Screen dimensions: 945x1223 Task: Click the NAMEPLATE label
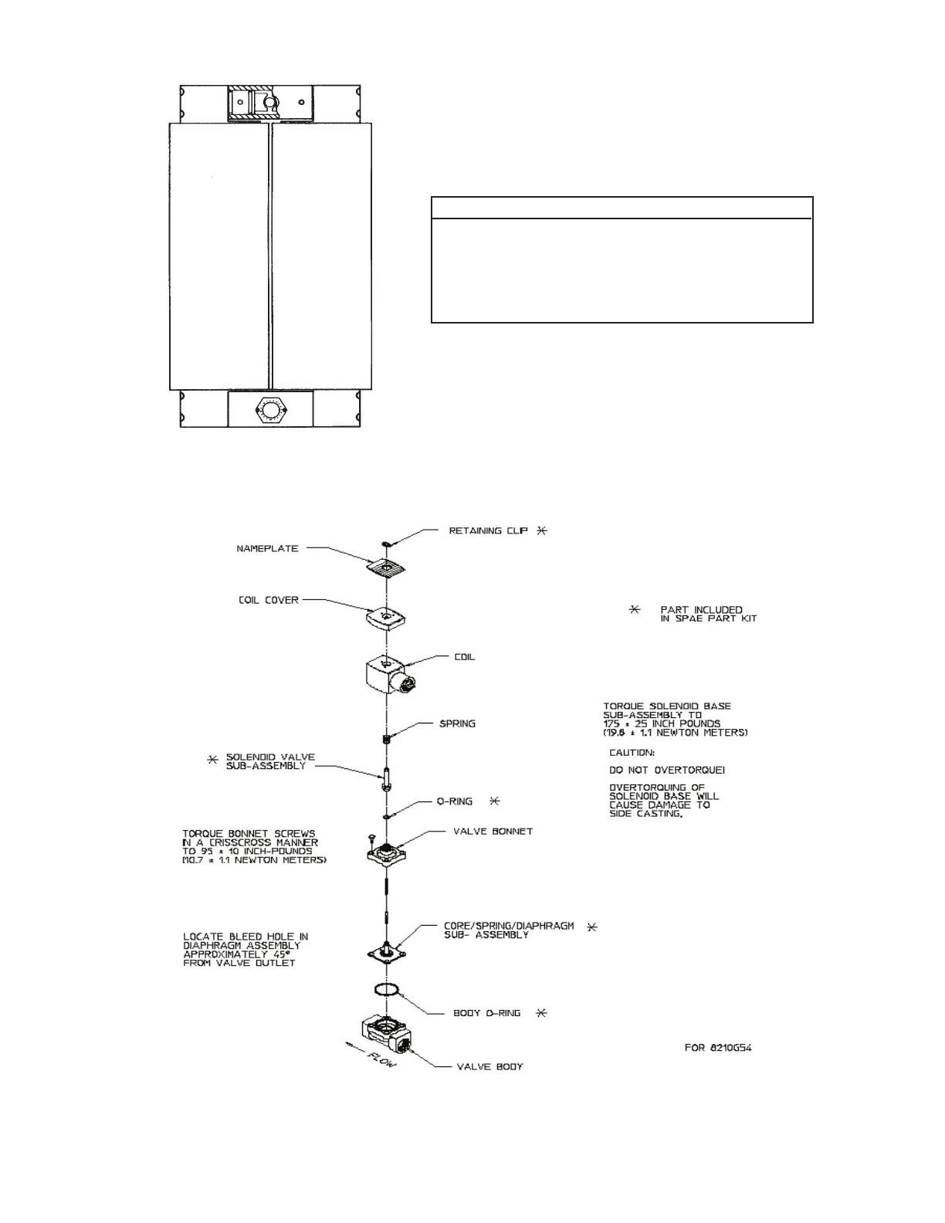click(x=267, y=549)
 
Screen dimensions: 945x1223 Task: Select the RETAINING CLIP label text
click(x=487, y=531)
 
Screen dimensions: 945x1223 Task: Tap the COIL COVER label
click(x=269, y=600)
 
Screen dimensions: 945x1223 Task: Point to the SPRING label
click(x=457, y=724)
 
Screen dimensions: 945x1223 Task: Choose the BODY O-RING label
click(x=486, y=1013)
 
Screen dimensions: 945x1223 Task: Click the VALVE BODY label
click(x=489, y=1067)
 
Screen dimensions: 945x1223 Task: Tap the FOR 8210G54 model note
click(x=718, y=1048)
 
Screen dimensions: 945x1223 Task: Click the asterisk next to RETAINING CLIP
click(x=542, y=531)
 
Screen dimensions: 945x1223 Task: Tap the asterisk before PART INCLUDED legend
click(x=635, y=610)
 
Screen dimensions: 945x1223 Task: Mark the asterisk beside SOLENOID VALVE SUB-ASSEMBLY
click(x=213, y=760)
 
